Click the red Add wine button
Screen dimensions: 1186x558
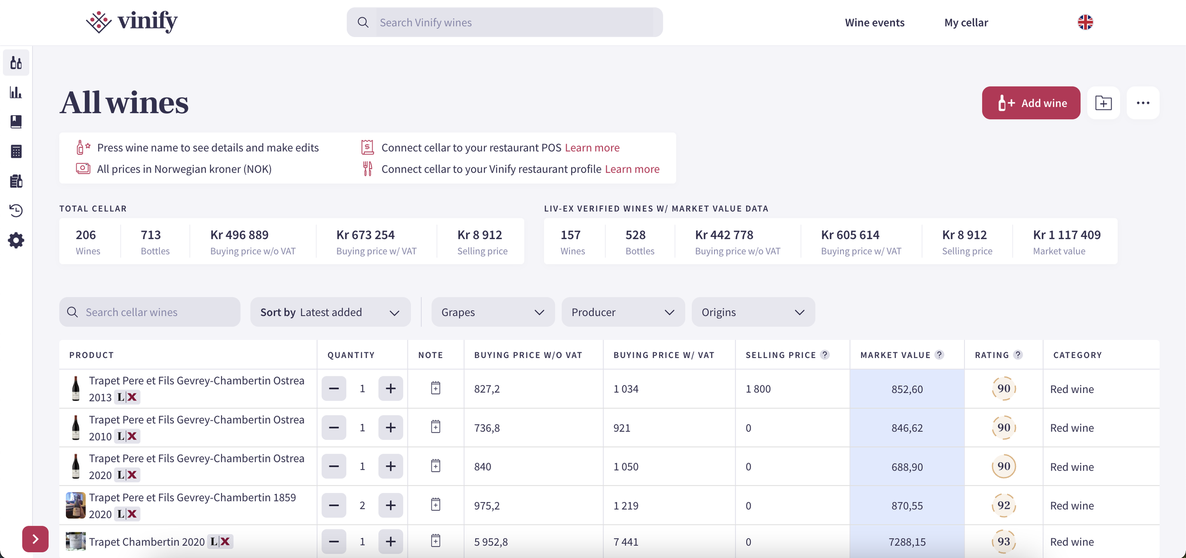coord(1031,103)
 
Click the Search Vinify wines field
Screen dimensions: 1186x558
coord(505,22)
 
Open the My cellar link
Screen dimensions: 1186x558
coord(966,22)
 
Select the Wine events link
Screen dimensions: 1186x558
coord(874,22)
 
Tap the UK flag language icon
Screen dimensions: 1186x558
coord(1085,22)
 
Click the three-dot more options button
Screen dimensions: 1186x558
coord(1143,103)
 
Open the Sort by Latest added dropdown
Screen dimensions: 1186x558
coord(330,312)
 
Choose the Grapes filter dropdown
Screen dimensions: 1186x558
coord(493,312)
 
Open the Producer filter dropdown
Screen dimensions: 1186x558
coord(623,312)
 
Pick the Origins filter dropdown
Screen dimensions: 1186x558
coord(753,312)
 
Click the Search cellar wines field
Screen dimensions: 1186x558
coord(150,312)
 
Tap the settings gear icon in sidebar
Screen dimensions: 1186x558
coord(16,240)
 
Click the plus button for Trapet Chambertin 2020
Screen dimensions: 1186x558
coord(390,541)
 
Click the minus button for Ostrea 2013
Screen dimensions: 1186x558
coord(334,389)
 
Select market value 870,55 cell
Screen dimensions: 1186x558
coord(907,505)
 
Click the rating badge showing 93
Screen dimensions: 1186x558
coord(1003,541)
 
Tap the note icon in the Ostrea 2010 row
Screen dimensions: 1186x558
coord(435,427)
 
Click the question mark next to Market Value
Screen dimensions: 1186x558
coord(939,355)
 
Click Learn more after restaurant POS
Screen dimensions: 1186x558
coord(592,147)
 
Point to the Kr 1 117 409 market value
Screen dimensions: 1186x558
coord(1067,235)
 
